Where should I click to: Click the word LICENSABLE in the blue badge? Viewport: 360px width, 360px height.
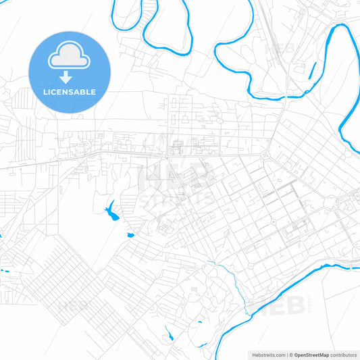(70, 91)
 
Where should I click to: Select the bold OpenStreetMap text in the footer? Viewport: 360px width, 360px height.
(311, 355)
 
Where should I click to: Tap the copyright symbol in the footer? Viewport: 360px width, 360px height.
(291, 355)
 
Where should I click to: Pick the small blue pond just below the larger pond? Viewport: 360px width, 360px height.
(130, 235)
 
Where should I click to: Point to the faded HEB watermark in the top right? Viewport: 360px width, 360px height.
(280, 49)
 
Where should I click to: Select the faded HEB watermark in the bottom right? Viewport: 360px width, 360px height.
(270, 305)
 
